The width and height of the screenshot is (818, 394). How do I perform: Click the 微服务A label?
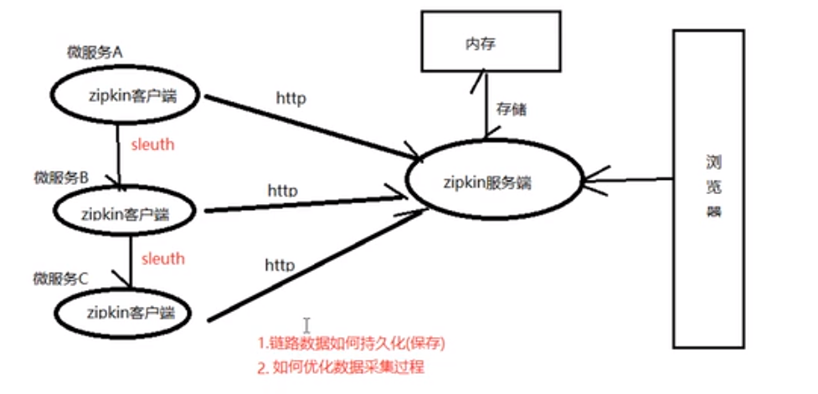click(x=95, y=52)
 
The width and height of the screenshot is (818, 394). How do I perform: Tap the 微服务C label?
click(x=60, y=278)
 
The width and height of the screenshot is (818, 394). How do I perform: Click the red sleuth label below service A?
click(x=152, y=145)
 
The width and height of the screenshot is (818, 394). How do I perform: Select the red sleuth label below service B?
click(x=162, y=258)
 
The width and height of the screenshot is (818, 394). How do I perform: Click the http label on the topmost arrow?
click(x=291, y=97)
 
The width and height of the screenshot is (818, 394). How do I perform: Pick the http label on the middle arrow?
click(x=283, y=190)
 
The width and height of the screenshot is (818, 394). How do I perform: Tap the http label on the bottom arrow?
click(x=280, y=265)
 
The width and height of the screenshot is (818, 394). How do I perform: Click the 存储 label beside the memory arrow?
click(x=511, y=110)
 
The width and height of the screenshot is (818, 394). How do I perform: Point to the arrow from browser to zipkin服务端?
click(x=632, y=179)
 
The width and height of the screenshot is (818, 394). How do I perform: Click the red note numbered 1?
click(x=351, y=344)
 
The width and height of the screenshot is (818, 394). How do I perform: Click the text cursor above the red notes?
click(x=307, y=325)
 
